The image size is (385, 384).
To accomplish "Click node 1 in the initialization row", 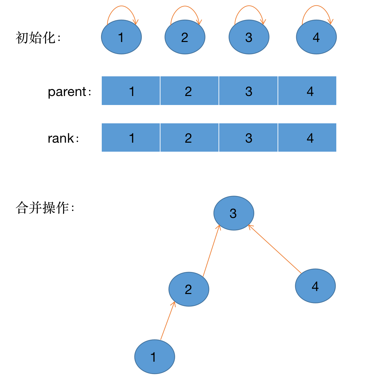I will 121,37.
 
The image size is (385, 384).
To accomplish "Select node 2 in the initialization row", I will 185,37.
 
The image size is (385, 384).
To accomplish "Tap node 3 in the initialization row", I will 249,37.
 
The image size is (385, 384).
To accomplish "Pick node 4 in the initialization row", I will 316,37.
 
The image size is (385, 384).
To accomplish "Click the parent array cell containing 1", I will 131,91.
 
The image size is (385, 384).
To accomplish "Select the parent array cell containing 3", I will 248,91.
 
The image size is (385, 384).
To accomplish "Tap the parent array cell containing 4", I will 307,91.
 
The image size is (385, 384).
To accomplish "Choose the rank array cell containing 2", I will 189,138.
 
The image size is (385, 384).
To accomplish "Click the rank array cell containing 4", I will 307,138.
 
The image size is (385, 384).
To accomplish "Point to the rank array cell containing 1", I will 131,138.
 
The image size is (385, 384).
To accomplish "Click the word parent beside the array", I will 67,92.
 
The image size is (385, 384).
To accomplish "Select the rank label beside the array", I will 61,138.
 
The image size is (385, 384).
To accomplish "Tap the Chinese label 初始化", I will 36,38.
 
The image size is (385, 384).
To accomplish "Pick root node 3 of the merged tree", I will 234,213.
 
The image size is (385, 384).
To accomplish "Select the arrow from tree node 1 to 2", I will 168,321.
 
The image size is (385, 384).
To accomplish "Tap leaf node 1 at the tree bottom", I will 154,357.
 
